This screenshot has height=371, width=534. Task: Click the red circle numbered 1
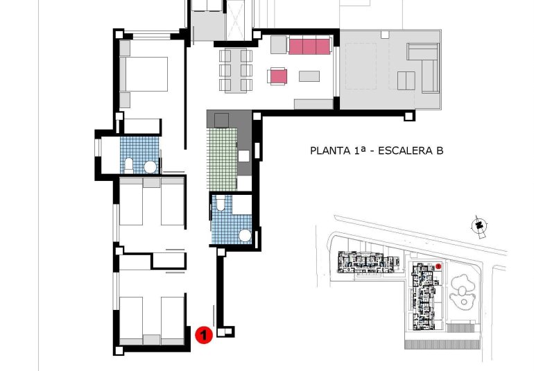(203, 336)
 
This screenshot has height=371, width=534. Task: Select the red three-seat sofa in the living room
(309, 46)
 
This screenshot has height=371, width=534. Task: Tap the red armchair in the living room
(278, 76)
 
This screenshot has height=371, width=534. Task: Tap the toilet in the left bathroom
(129, 164)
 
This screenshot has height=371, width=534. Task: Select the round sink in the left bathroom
(150, 167)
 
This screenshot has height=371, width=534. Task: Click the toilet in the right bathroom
(220, 202)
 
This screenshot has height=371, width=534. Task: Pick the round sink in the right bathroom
(245, 235)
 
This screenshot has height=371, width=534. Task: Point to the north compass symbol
(478, 225)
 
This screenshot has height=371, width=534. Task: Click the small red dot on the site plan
(439, 266)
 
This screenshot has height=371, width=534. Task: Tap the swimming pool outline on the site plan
(462, 292)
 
